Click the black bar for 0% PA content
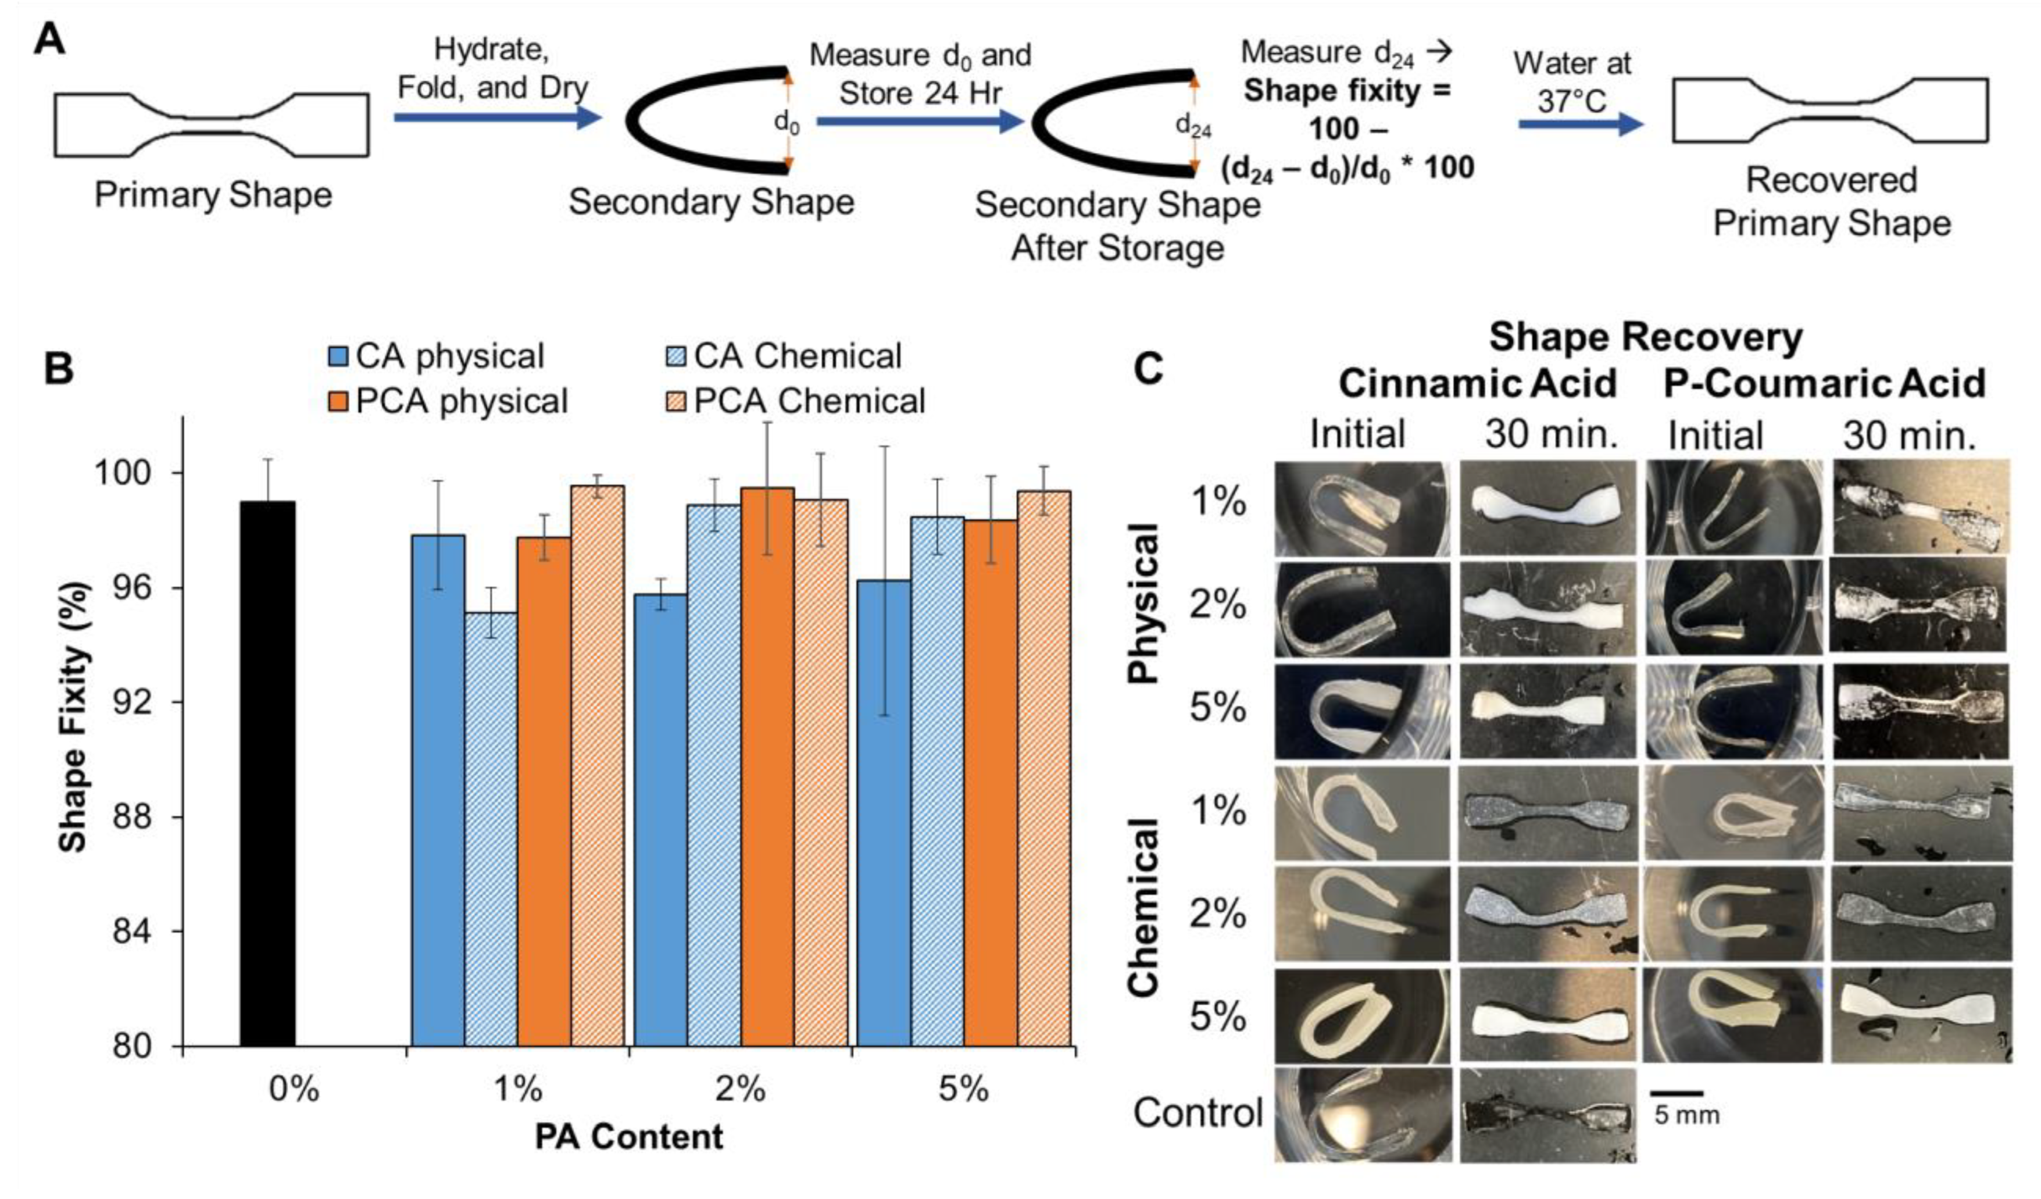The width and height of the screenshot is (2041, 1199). tap(267, 774)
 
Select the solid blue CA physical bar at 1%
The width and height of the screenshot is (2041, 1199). tap(438, 790)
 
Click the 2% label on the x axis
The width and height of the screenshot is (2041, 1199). tap(739, 1090)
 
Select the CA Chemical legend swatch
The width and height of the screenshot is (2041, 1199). tap(679, 356)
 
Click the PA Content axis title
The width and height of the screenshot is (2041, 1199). tap(628, 1137)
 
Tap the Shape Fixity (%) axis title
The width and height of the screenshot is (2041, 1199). tap(74, 717)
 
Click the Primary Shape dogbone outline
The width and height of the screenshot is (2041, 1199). tap(212, 124)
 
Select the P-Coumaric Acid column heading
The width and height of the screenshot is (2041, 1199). tap(1824, 383)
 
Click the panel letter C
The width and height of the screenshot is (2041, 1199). tap(1149, 369)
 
